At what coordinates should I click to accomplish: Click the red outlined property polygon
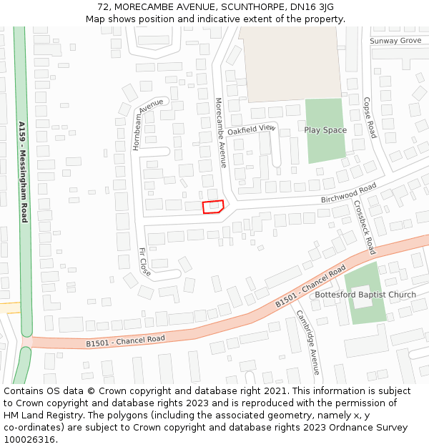click(x=213, y=207)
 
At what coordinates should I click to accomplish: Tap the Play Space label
click(x=325, y=130)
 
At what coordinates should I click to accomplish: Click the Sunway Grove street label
click(x=395, y=41)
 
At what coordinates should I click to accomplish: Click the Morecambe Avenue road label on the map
click(x=221, y=133)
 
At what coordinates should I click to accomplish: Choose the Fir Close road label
click(x=144, y=262)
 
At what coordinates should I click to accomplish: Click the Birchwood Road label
click(x=348, y=192)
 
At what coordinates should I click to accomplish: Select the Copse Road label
click(x=370, y=117)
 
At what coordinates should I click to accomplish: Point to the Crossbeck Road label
click(x=364, y=227)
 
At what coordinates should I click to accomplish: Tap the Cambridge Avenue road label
click(x=308, y=342)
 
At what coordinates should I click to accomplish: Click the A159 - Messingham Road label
click(x=23, y=172)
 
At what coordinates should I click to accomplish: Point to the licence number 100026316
click(x=29, y=439)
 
